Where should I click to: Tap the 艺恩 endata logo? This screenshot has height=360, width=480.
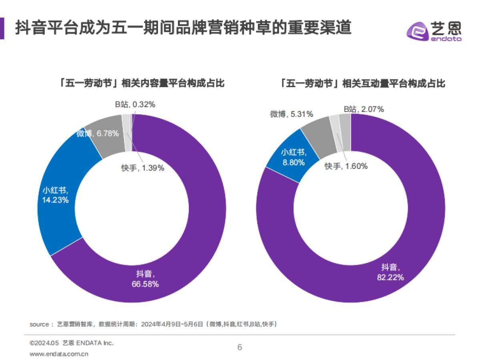pos(434,31)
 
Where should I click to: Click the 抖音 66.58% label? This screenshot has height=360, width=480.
pos(145,279)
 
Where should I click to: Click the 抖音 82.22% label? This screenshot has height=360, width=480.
pos(390,272)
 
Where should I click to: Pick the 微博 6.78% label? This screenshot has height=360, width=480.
pos(98,134)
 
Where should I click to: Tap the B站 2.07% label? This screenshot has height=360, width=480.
pos(364,109)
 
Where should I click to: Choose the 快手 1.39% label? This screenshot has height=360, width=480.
pos(143,168)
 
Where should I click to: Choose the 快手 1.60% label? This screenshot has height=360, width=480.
pos(346,166)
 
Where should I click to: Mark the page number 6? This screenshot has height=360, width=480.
pos(240,347)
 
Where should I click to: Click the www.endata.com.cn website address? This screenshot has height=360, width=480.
pos(59,354)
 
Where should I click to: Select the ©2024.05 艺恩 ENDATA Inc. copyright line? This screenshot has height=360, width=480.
pos(72,343)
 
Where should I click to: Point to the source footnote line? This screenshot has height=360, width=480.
pos(153,324)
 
